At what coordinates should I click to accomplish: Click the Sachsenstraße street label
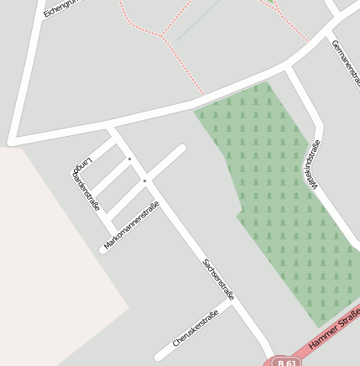218,280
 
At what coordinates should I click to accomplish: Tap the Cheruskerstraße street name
196,328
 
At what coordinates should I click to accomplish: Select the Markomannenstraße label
132,227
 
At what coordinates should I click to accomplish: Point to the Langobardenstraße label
86,185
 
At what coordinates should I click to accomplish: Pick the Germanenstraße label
346,63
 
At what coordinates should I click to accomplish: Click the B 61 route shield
287,361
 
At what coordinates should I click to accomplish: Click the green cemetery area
277,193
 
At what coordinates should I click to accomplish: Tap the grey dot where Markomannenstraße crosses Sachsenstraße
144,180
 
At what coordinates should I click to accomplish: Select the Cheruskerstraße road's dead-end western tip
158,357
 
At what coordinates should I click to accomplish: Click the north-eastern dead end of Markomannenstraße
181,149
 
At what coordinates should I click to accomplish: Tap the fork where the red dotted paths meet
161,35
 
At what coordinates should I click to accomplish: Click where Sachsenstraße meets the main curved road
112,128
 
